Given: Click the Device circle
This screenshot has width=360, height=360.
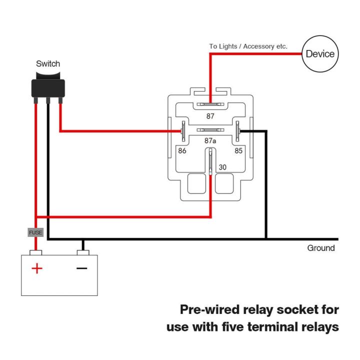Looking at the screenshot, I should pos(320,53).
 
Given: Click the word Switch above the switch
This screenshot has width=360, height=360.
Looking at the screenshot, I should pos(48,63).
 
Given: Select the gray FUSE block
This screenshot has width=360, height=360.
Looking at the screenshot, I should pos(35,232).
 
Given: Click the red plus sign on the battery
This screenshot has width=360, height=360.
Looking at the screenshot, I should pos(37,268).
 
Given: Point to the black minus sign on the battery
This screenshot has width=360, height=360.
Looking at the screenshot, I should pos(81,268).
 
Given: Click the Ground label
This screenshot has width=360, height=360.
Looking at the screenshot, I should pos(321,248).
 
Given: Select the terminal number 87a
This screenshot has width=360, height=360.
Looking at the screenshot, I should pos(210,141).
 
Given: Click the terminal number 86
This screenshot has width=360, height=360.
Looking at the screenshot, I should pos(182,150).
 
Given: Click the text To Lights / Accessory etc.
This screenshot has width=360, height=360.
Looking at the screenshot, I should pos(248,46).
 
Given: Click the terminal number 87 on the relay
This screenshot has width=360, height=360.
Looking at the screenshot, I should pos(210,116).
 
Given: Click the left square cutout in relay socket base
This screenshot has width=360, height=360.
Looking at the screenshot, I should pos(196,184).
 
